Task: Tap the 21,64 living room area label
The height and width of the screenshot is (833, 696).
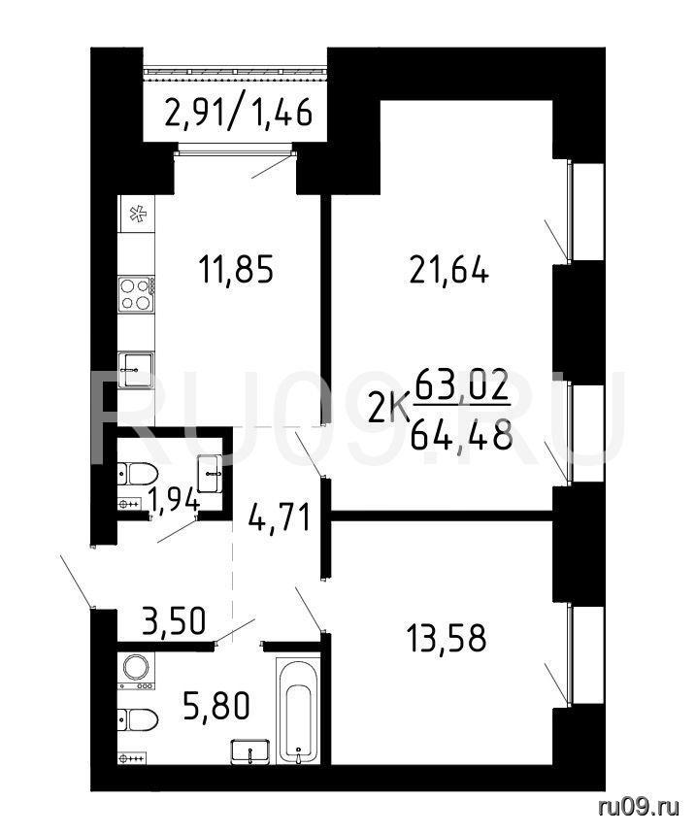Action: (x=449, y=272)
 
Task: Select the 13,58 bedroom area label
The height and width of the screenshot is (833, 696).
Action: (x=446, y=638)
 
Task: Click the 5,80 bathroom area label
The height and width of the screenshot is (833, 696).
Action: (x=215, y=707)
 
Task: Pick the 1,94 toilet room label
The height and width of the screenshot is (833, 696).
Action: (x=173, y=499)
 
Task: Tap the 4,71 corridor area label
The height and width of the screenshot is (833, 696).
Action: (x=280, y=516)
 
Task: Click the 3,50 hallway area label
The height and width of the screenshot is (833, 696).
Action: (x=173, y=620)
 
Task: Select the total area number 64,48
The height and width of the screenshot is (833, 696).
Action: (x=461, y=435)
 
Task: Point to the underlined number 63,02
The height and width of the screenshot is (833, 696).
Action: (x=462, y=386)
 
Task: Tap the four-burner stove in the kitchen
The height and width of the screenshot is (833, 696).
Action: (x=137, y=294)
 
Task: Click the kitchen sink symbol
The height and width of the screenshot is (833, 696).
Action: (x=136, y=369)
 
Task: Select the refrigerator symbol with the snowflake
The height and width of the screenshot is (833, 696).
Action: (x=137, y=214)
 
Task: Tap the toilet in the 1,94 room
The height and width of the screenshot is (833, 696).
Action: (x=138, y=474)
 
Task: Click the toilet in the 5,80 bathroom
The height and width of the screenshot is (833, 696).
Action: (x=138, y=719)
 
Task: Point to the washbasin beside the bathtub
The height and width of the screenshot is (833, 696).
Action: (x=250, y=751)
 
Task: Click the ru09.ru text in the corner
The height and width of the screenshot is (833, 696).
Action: (x=639, y=808)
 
